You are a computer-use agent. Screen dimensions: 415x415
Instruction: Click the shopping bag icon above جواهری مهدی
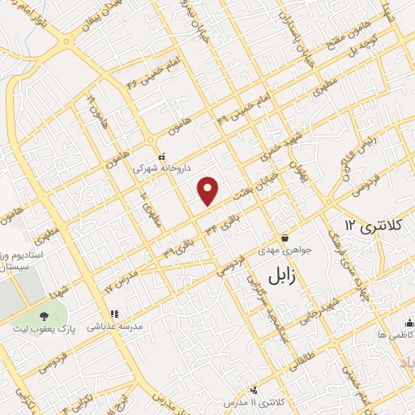coord(285,237)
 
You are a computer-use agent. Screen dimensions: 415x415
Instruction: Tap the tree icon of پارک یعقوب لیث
coord(43,314)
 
